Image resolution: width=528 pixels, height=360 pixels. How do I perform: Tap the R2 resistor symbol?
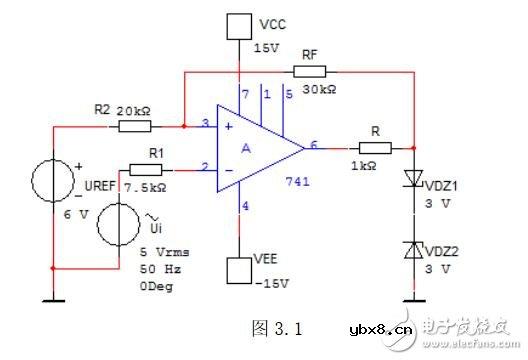coord(133,127)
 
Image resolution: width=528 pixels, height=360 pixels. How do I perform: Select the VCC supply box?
coord(240,25)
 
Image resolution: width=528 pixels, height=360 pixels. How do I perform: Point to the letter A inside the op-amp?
coord(245,147)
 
